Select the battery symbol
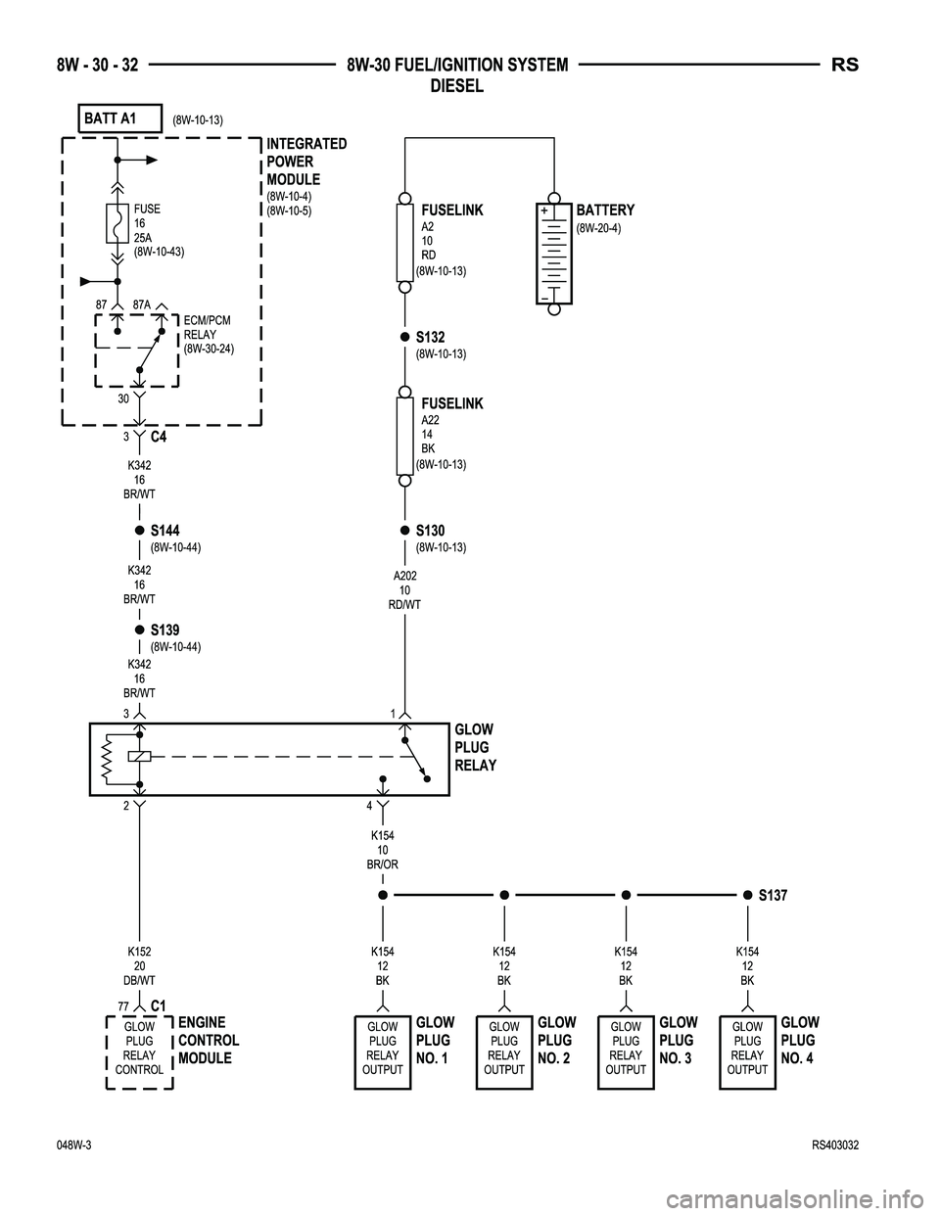point(553,253)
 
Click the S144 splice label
point(165,531)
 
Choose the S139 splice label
point(165,631)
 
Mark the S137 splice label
point(773,895)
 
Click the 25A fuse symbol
point(116,224)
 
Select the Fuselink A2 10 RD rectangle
point(404,243)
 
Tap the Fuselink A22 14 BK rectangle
point(404,436)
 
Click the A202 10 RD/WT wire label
point(404,590)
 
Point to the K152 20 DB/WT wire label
point(139,965)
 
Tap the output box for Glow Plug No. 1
point(382,1053)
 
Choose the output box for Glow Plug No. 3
point(626,1053)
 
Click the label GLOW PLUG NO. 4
point(800,1040)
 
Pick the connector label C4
point(159,437)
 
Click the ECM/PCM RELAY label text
point(209,334)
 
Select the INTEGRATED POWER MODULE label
point(306,162)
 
